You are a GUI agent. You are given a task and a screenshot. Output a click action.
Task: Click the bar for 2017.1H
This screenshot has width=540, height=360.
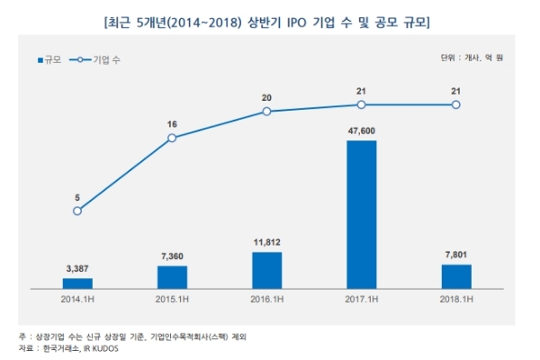tap(362, 214)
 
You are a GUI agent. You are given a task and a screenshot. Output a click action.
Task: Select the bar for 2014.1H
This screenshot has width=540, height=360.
tap(77, 283)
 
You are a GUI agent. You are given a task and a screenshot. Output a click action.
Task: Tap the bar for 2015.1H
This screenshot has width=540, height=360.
tap(172, 277)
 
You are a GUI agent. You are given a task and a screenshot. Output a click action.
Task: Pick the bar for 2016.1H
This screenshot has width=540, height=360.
tap(267, 270)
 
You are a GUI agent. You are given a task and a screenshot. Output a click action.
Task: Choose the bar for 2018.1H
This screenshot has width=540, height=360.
tap(456, 276)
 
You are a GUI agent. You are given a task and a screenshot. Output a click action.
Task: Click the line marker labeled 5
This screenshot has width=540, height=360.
tap(77, 211)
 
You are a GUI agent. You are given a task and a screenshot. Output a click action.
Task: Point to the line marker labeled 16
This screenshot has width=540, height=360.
tap(172, 138)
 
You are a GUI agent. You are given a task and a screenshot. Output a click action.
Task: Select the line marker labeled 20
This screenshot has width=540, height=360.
tap(267, 112)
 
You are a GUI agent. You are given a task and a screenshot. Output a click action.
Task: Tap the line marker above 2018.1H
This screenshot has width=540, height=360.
tap(456, 105)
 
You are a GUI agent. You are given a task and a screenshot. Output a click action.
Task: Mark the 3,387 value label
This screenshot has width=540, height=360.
tap(77, 267)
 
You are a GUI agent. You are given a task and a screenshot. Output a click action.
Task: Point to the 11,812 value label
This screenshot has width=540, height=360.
tap(267, 241)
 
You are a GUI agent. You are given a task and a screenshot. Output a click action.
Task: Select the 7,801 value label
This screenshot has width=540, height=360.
tap(456, 254)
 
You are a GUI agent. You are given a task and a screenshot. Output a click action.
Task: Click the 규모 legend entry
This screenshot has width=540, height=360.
tap(55, 59)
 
